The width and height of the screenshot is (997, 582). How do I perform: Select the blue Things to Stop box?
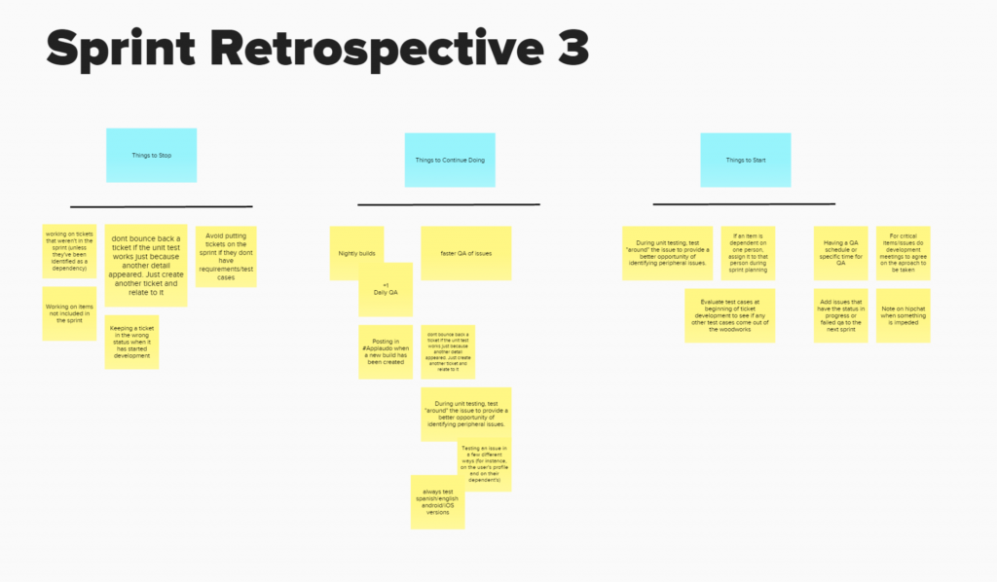click(x=152, y=156)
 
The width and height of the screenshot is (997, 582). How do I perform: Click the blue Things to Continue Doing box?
click(x=450, y=160)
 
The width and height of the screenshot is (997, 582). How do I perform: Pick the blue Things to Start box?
click(x=746, y=160)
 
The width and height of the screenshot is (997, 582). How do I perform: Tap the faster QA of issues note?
click(x=465, y=252)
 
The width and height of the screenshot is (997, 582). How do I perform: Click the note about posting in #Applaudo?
click(x=385, y=351)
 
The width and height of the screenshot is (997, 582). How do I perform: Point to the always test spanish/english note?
click(x=437, y=502)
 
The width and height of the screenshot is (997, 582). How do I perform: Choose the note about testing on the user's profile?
click(x=485, y=465)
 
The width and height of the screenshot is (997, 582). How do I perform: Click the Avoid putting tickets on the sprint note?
click(x=226, y=256)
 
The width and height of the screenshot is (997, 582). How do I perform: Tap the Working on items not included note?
click(x=68, y=313)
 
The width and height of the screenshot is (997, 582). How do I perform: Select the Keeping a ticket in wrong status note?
click(x=130, y=342)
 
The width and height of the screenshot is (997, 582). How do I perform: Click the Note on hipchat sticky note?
click(x=903, y=314)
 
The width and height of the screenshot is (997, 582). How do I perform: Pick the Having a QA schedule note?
click(x=840, y=252)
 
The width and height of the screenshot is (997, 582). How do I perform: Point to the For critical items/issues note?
click(x=903, y=252)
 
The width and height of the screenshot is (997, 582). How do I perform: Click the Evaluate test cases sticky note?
click(x=729, y=314)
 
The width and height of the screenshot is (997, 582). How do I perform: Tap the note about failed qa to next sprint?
click(x=840, y=314)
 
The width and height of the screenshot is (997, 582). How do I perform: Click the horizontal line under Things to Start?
click(x=744, y=204)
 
